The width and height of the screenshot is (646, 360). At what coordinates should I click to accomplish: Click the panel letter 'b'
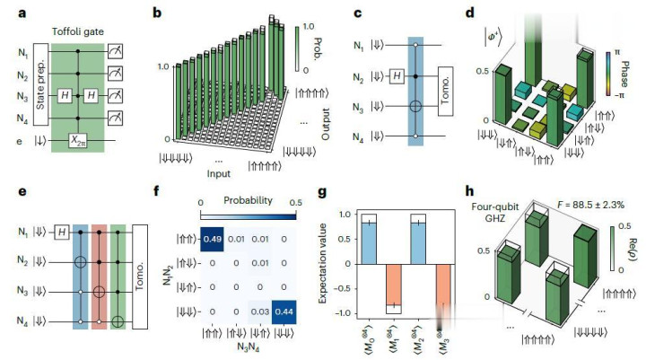click(x=157, y=13)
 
